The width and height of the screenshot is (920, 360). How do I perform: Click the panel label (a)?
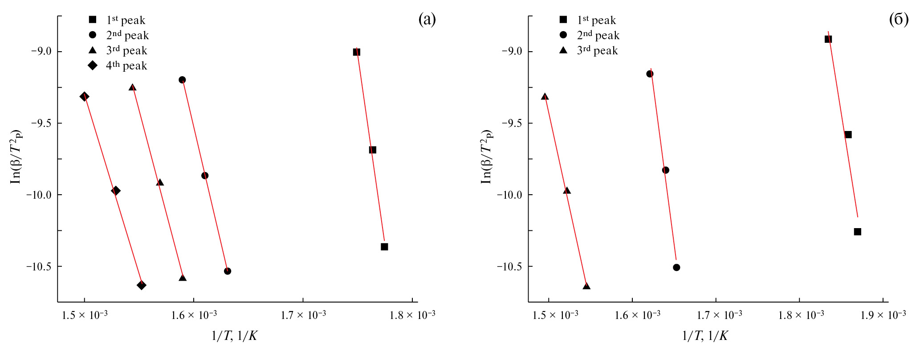(x=427, y=19)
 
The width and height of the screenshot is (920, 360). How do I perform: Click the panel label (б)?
(x=898, y=19)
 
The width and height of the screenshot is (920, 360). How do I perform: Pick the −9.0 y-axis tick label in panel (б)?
(x=512, y=52)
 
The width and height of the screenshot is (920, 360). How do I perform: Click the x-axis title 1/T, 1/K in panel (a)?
(x=234, y=336)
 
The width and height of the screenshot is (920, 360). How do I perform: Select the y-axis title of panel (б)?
(x=486, y=157)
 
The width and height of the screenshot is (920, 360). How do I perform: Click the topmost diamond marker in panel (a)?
(x=84, y=97)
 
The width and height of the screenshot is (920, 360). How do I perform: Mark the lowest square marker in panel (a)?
(x=384, y=247)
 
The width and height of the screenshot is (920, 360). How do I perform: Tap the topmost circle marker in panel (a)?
(x=182, y=80)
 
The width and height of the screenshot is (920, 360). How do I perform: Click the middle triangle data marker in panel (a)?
(x=160, y=182)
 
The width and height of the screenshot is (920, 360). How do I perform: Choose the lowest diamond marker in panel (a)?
(x=142, y=285)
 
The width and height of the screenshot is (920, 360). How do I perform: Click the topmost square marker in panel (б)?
(x=828, y=39)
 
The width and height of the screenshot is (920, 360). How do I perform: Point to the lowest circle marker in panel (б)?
(x=676, y=267)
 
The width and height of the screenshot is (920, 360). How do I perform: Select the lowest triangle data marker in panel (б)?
(x=586, y=286)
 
